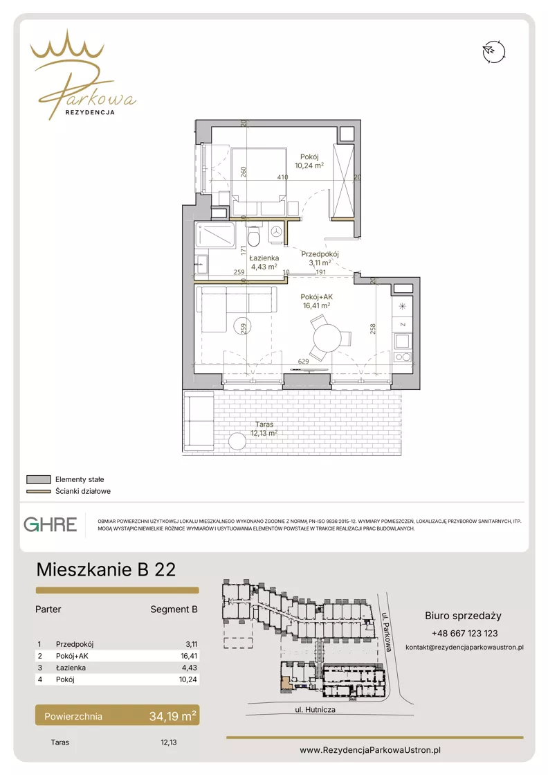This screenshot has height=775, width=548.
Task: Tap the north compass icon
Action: [493, 51]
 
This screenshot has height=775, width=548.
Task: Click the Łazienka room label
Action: [264, 258]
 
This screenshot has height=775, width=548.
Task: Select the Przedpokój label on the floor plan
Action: [320, 254]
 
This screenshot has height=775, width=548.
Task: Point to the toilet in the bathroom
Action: [254, 235]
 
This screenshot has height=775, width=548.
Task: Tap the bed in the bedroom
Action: [259, 181]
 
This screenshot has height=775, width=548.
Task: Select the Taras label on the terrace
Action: [264, 424]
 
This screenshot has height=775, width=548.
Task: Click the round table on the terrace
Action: [237, 441]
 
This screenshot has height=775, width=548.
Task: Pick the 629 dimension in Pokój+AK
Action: [303, 362]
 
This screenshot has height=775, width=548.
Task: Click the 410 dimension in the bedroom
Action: [282, 177]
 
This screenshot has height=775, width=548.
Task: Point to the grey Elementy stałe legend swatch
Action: [39, 479]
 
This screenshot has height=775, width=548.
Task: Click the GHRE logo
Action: [51, 524]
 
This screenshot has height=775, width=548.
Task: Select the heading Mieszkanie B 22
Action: [106, 569]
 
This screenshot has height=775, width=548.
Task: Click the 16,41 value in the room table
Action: [189, 656]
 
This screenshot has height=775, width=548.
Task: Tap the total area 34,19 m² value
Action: [173, 715]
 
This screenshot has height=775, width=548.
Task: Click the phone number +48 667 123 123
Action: [464, 633]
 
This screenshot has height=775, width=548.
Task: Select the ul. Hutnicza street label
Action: [315, 709]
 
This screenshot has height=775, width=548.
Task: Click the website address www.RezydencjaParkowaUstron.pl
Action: [370, 750]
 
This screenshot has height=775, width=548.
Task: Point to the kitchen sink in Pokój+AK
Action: [403, 341]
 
